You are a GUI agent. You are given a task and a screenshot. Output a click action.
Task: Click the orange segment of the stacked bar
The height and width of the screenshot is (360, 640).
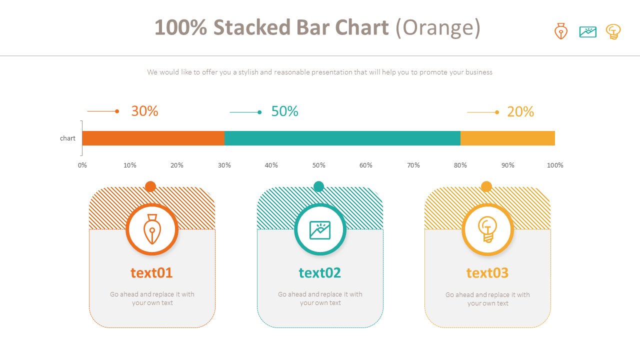point(153,138)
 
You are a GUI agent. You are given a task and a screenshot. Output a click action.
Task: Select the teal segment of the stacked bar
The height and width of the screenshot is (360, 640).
point(342,138)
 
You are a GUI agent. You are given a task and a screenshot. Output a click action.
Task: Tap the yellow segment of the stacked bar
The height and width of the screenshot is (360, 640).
point(507,138)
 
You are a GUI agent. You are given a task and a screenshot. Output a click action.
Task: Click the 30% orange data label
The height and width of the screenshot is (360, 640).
point(144,111)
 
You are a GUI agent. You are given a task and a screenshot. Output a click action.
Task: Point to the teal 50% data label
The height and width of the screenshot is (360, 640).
point(284,111)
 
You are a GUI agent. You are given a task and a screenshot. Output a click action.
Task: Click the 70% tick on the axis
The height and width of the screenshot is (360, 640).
point(413,165)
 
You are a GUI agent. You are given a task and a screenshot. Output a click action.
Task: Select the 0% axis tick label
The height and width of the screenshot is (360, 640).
point(82,165)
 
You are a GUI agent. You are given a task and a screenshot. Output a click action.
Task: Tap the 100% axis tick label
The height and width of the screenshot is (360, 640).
point(555,165)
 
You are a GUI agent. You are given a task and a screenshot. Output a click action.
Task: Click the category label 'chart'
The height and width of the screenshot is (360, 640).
point(67,138)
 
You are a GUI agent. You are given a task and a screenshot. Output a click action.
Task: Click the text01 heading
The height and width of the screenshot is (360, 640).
point(151,273)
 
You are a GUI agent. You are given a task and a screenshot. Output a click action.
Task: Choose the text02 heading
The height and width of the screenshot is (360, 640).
point(320,273)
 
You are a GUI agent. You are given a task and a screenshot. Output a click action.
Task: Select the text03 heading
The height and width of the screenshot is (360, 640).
point(487,273)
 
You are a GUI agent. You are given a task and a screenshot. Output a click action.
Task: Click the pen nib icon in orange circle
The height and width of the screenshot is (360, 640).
point(152,229)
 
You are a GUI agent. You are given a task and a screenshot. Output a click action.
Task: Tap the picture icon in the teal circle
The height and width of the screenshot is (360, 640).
point(320,230)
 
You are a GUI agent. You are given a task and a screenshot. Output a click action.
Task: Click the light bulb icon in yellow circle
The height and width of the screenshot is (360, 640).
point(487,229)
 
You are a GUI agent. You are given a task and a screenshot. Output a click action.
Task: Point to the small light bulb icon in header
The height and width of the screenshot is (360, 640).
point(613,32)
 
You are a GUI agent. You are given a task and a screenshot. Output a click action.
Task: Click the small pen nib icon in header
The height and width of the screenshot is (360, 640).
point(561,31)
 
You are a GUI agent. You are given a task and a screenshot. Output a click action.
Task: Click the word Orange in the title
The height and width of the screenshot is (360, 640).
point(437,27)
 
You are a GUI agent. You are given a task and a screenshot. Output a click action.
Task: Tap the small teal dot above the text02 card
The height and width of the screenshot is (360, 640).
point(318,186)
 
